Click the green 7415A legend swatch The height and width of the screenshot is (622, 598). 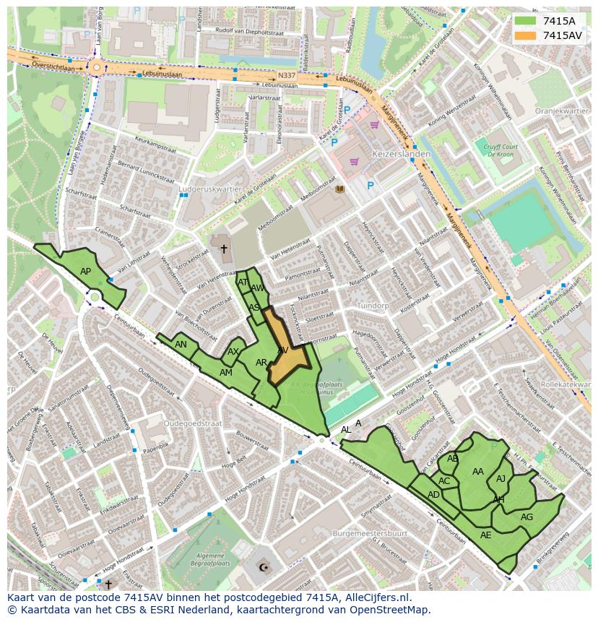coord(525,21)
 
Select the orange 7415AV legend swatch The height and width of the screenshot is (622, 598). coord(525,35)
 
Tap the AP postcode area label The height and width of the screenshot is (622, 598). coord(85,272)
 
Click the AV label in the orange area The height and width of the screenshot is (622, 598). coord(283,350)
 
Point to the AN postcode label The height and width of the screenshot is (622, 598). coord(181,345)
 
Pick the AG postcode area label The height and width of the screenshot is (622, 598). coord(526,517)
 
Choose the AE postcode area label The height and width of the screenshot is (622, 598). coord(485,535)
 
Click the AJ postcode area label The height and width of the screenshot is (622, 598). coord(500,478)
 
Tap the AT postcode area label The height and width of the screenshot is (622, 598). coord(243,282)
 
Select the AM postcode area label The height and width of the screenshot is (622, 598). coord(226,372)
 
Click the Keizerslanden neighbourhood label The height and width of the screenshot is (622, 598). coord(401,154)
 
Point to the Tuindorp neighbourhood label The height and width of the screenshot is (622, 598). coord(373,306)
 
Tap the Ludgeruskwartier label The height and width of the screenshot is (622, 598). coord(209,189)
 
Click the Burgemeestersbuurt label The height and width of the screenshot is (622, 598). coord(370,532)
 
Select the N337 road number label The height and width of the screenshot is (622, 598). coord(287,74)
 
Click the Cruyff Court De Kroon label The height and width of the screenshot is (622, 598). coord(498,150)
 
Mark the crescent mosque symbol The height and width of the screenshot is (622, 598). coord(263,568)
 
